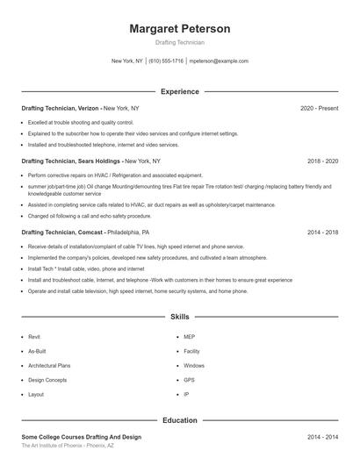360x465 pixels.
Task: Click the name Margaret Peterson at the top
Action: click(x=179, y=29)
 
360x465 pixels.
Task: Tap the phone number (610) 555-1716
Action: click(x=165, y=61)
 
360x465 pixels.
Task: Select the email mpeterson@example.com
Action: click(x=219, y=61)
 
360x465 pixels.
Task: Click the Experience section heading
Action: click(x=179, y=91)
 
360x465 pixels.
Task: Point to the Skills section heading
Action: click(x=179, y=316)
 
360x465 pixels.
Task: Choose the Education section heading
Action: click(x=179, y=420)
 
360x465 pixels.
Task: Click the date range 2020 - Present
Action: click(x=319, y=108)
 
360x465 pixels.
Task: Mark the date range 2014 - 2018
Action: click(x=322, y=232)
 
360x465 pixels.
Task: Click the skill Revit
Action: click(x=34, y=336)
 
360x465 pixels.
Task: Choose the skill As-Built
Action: click(x=36, y=351)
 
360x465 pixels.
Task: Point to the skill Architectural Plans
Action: click(x=49, y=365)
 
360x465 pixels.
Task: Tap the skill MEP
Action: click(x=189, y=336)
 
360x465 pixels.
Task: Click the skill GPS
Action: click(x=189, y=380)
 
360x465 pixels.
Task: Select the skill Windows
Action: click(x=193, y=365)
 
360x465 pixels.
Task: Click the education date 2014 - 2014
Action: click(x=322, y=436)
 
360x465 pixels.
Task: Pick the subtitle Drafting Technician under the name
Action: click(x=179, y=42)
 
